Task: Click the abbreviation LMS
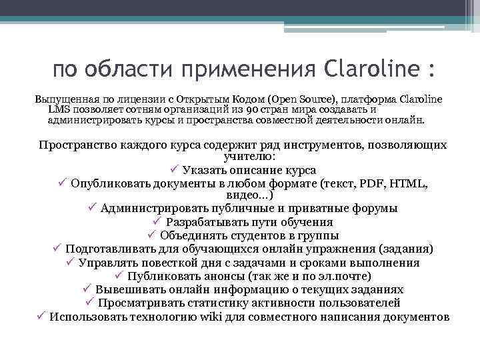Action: coord(59,110)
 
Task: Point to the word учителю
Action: coord(243,157)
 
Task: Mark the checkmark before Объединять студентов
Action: coord(151,235)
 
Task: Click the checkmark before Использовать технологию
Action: coord(41,316)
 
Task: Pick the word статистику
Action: coord(211,303)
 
